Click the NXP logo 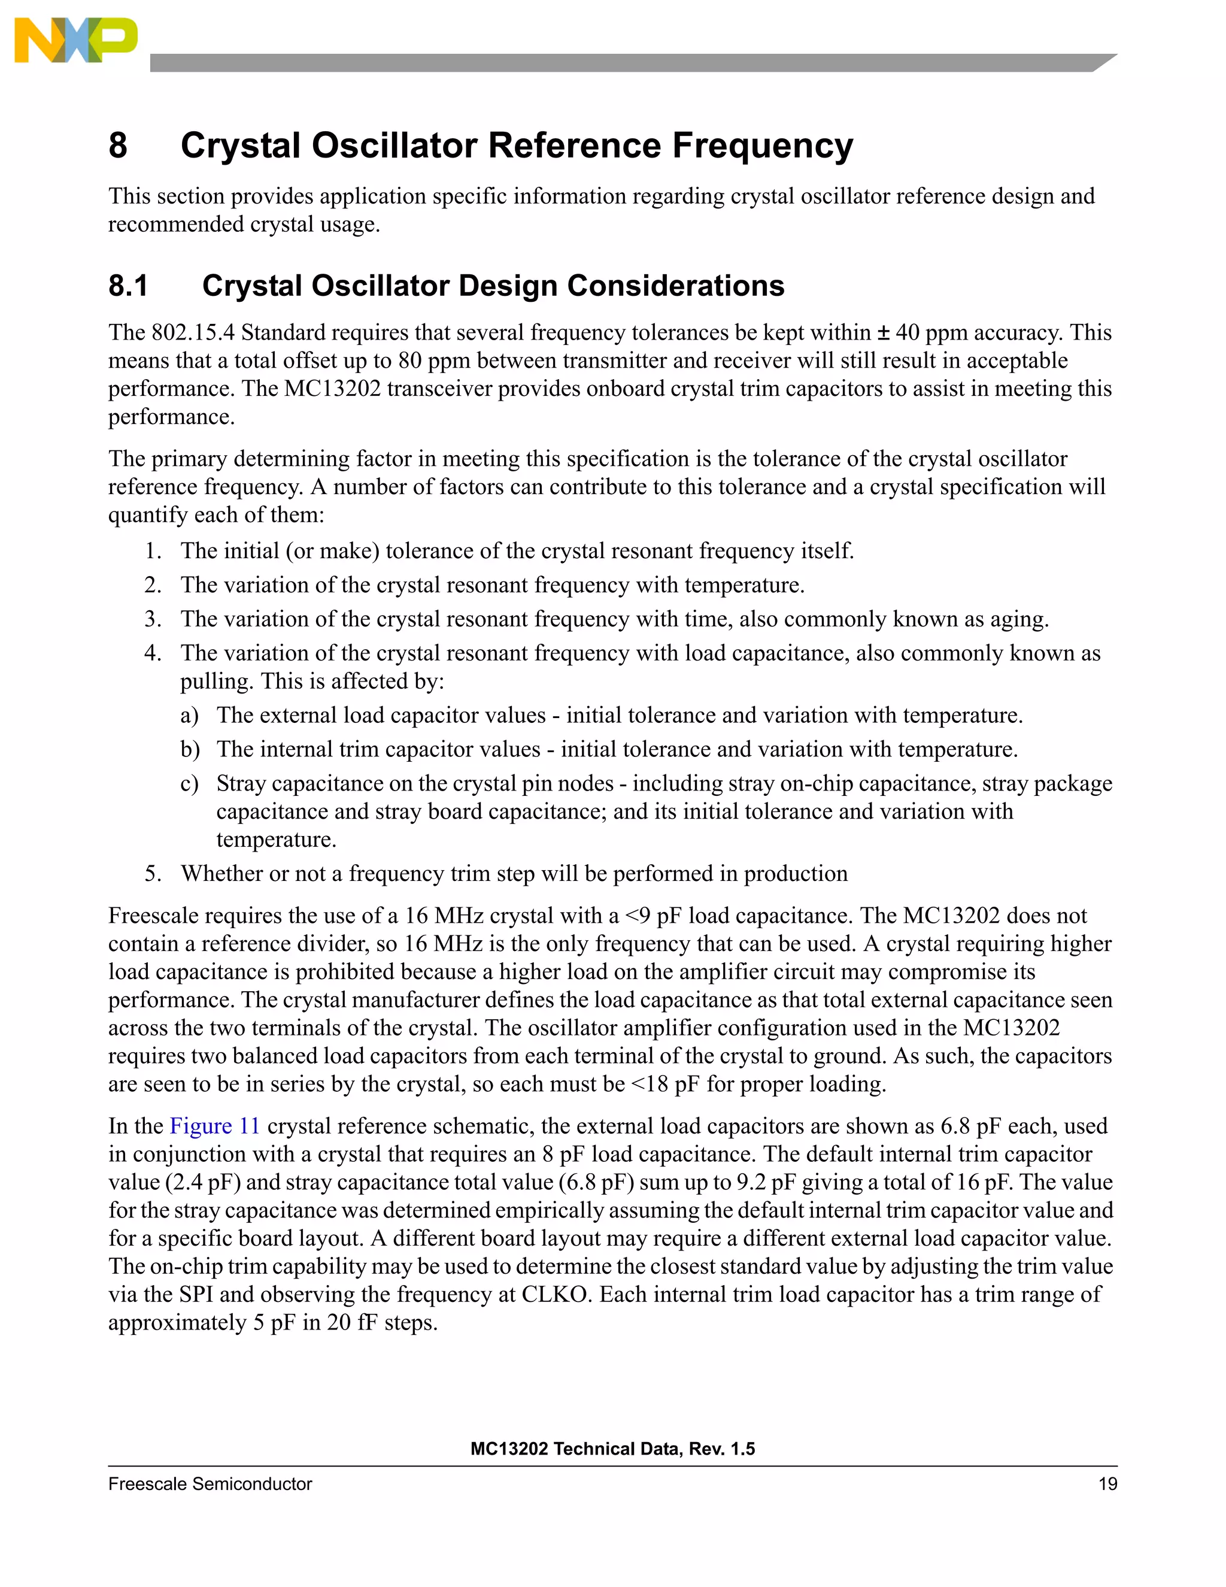pos(75,41)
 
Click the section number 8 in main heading pos(118,146)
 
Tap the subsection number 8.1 pos(128,286)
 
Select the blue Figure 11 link pos(214,1126)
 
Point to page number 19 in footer pos(1107,1484)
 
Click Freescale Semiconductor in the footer pos(210,1484)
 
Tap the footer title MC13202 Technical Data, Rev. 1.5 pos(612,1448)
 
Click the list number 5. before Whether pos(153,873)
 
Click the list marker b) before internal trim pos(190,749)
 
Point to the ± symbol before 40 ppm pos(883,333)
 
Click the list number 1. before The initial pos(153,551)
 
